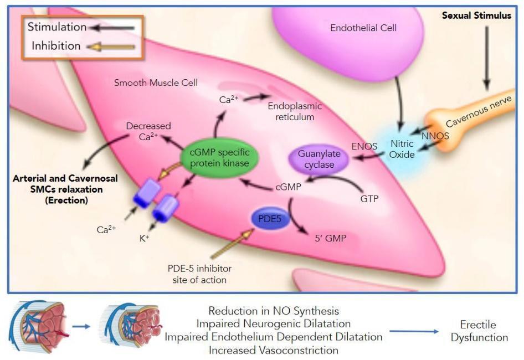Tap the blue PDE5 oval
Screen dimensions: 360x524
(x=268, y=218)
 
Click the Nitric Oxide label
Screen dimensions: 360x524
(x=402, y=149)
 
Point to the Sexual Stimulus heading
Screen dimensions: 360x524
(x=476, y=16)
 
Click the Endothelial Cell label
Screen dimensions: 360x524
(x=363, y=27)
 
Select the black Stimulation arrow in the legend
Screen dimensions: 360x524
(x=114, y=27)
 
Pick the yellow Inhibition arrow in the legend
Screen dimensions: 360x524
(x=114, y=46)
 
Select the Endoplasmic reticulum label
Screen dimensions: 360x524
(x=294, y=111)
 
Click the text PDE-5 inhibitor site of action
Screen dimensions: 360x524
(x=199, y=274)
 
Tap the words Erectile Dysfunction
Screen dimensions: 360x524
(x=478, y=331)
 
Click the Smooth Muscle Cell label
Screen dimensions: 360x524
(x=156, y=83)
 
